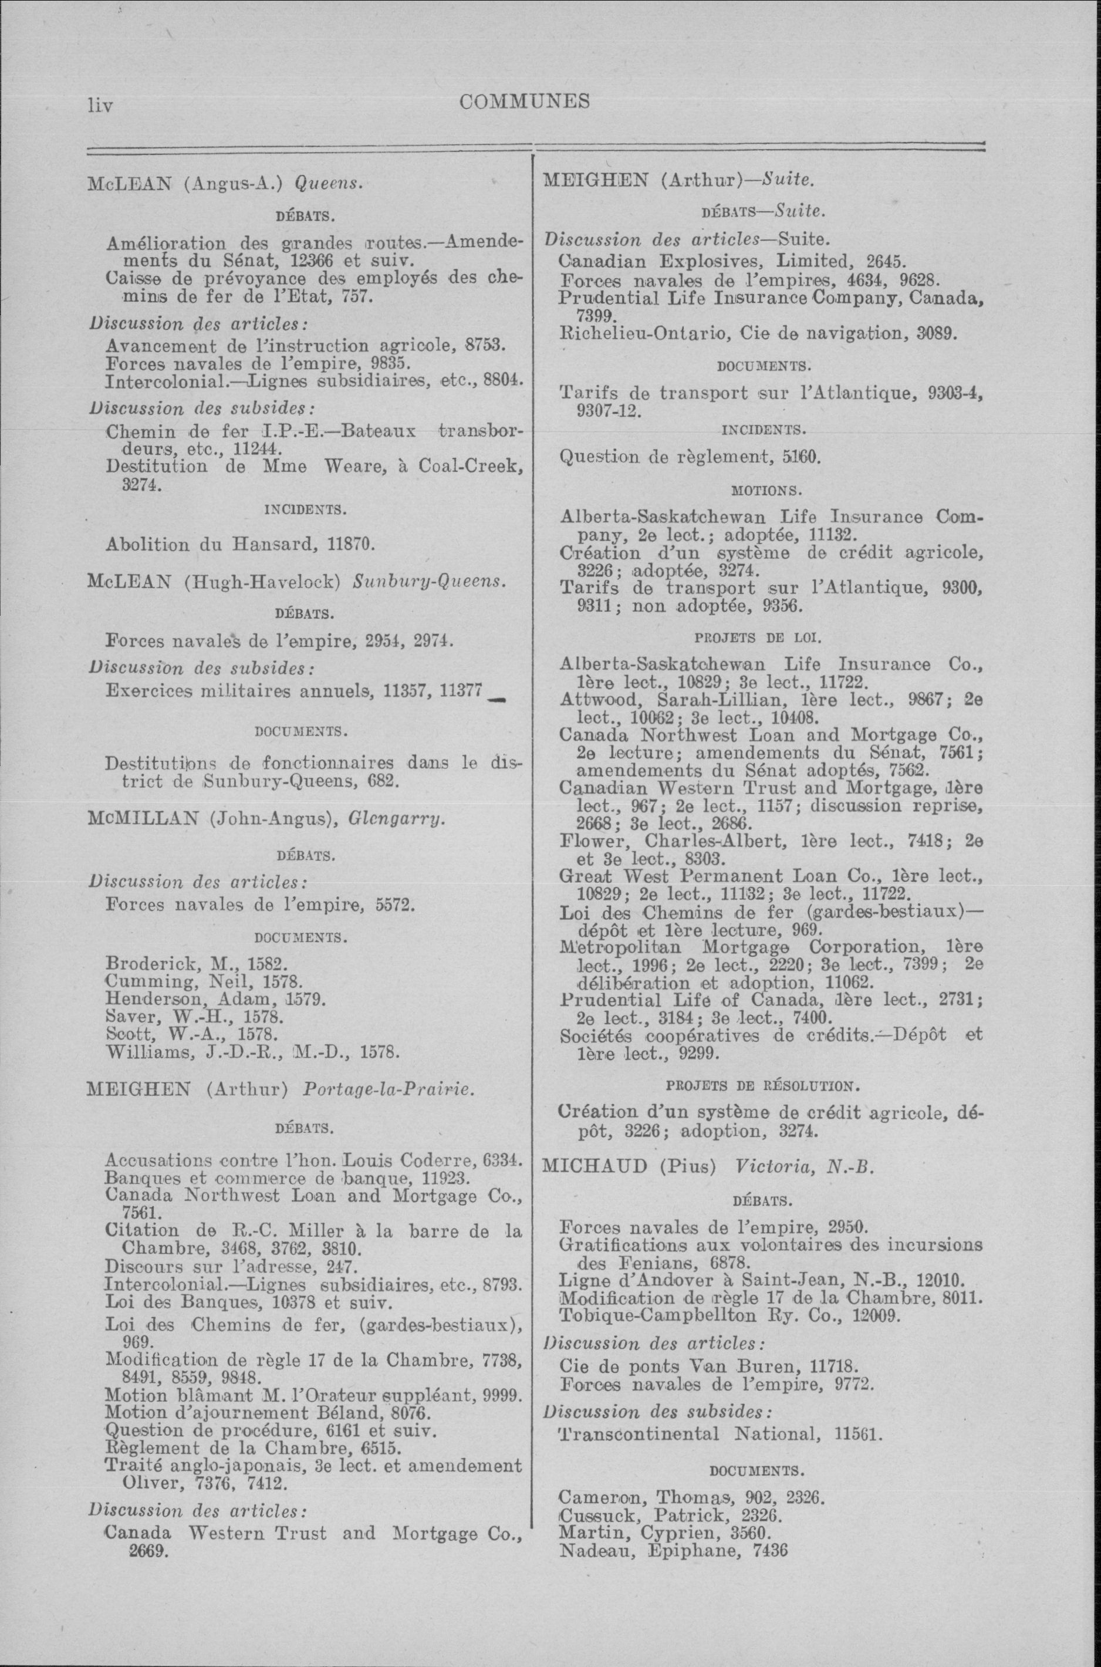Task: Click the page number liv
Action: click(x=100, y=105)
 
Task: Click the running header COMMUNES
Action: click(x=525, y=102)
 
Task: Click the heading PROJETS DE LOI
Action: click(x=758, y=637)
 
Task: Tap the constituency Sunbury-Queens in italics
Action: click(x=429, y=582)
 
